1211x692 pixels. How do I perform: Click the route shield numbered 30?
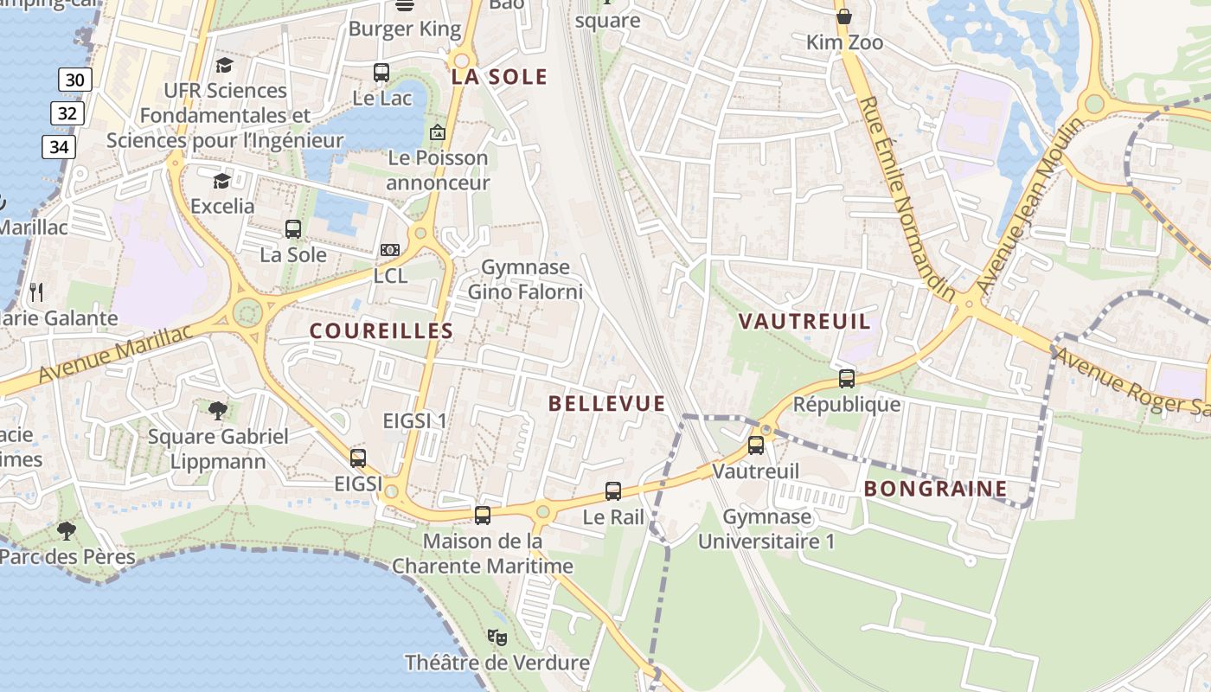pos(75,80)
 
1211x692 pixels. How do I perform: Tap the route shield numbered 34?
pos(59,147)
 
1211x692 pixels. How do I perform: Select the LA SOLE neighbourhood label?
pos(499,77)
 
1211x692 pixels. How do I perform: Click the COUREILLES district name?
pos(381,330)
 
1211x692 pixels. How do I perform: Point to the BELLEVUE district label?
pos(607,403)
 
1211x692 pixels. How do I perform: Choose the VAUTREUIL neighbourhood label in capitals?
pos(804,322)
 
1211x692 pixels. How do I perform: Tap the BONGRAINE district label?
pos(936,489)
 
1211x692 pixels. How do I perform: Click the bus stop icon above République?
pos(847,379)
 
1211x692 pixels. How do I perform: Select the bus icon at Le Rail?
pos(613,491)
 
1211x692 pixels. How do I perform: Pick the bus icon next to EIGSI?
pos(358,458)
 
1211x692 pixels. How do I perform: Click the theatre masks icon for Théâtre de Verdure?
pos(497,638)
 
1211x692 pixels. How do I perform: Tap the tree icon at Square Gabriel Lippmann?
pos(218,410)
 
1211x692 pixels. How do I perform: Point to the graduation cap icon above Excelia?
pos(222,180)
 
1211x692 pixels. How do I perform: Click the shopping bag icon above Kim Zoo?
pos(844,16)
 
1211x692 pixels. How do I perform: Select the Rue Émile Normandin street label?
pos(907,198)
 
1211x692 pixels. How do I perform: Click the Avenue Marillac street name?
pos(116,355)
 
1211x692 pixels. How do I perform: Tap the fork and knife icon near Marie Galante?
pos(35,292)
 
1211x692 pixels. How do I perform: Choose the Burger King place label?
pos(405,29)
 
